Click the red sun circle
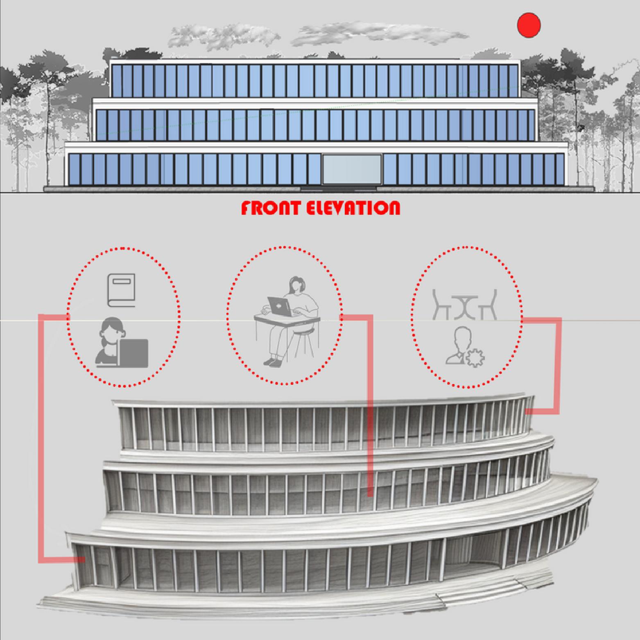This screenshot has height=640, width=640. tap(529, 25)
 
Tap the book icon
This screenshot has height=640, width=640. tap(121, 290)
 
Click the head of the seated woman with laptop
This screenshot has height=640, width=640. tap(296, 284)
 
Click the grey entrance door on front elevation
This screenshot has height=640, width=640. tap(352, 169)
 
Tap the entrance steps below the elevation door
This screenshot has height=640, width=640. tap(339, 189)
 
